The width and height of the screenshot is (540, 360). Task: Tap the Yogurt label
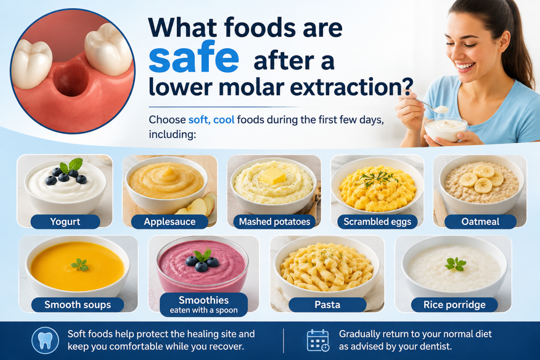pyautogui.click(x=65, y=221)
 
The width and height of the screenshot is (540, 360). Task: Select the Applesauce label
pyautogui.click(x=170, y=221)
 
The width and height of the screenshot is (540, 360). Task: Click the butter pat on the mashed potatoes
pyautogui.click(x=273, y=175)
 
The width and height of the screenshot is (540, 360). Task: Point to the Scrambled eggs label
pyautogui.click(x=377, y=221)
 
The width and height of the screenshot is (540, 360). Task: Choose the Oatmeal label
pyautogui.click(x=480, y=221)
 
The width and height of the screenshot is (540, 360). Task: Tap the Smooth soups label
pyautogui.click(x=77, y=305)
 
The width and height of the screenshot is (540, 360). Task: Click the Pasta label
pyautogui.click(x=328, y=305)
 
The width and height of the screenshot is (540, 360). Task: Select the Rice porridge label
pyautogui.click(x=454, y=305)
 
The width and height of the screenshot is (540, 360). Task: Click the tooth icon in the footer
pyautogui.click(x=45, y=341)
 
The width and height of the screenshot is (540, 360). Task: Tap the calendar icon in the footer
pyautogui.click(x=318, y=341)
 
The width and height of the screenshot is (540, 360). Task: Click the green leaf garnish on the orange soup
pyautogui.click(x=80, y=265)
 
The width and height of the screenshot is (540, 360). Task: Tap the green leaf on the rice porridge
pyautogui.click(x=455, y=264)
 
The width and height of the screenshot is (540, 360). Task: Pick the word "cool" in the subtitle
pyautogui.click(x=224, y=120)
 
